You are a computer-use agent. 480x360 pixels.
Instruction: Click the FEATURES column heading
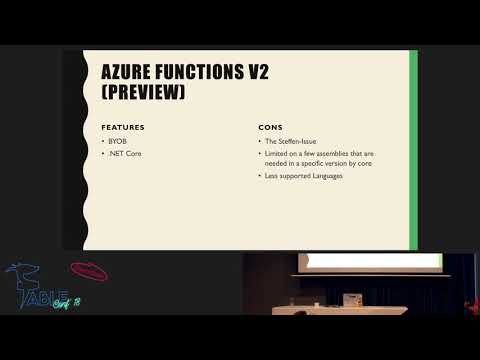(123, 128)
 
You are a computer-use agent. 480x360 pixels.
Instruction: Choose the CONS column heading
(268, 128)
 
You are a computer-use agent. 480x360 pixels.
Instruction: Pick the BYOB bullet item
(118, 142)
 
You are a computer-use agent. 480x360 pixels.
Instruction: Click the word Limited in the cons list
(276, 154)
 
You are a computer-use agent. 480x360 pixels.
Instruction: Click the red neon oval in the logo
(89, 272)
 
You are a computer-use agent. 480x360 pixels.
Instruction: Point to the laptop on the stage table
(353, 299)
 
